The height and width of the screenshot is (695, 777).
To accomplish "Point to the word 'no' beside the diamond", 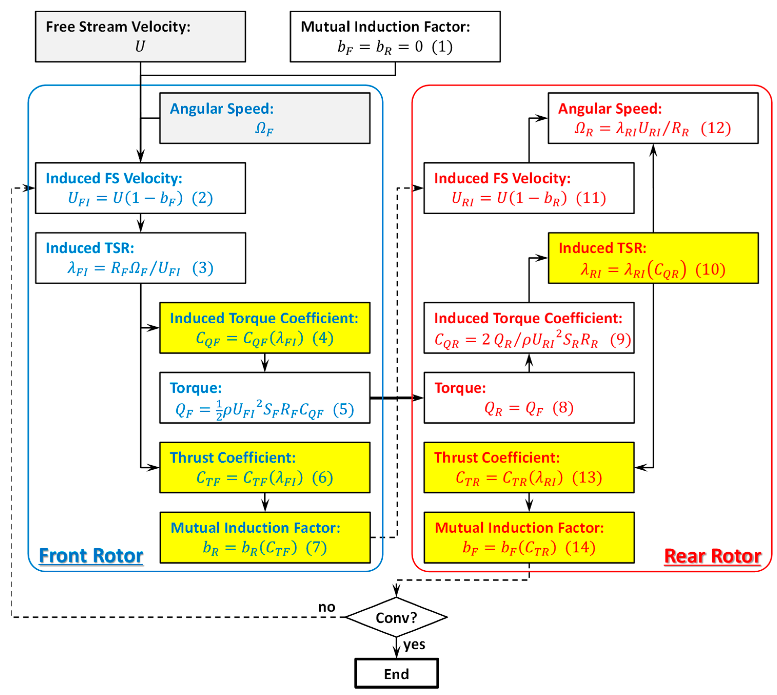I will click(x=326, y=607).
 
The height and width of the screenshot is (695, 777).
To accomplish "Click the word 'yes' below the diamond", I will click(x=414, y=644).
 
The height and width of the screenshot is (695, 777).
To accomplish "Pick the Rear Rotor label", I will click(x=712, y=556).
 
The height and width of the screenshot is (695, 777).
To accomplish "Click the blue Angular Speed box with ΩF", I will click(x=264, y=118).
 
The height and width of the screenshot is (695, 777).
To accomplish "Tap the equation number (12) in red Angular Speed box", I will click(x=715, y=128).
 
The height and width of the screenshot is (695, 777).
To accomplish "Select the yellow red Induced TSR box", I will click(x=653, y=258).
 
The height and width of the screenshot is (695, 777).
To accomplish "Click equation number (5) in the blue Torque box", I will click(x=343, y=410).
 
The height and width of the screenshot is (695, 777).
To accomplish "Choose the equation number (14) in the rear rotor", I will click(x=580, y=548).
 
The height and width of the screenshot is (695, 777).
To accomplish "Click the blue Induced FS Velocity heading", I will click(x=114, y=178).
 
